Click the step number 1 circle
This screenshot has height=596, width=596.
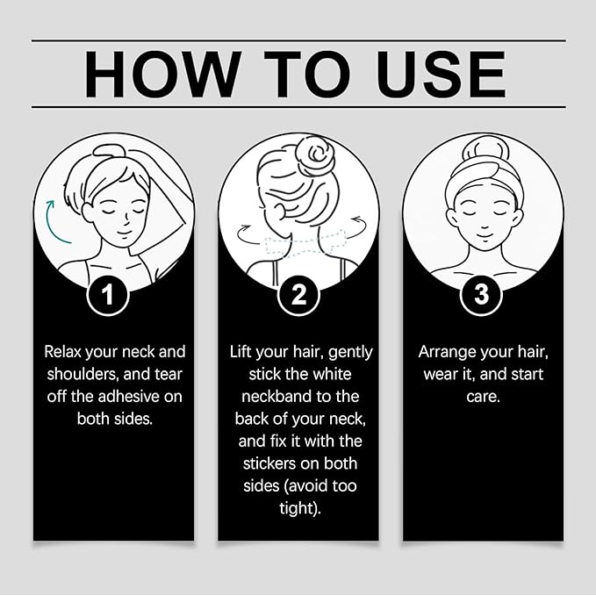click(108, 295)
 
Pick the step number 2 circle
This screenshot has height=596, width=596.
click(298, 295)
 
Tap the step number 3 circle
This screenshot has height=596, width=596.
click(481, 295)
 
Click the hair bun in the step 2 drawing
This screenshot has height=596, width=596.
click(312, 158)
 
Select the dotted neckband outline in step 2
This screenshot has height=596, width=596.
click(299, 240)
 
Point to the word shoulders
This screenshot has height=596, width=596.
click(82, 374)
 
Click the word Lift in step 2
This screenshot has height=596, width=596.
click(243, 352)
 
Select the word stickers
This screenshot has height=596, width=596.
click(272, 463)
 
